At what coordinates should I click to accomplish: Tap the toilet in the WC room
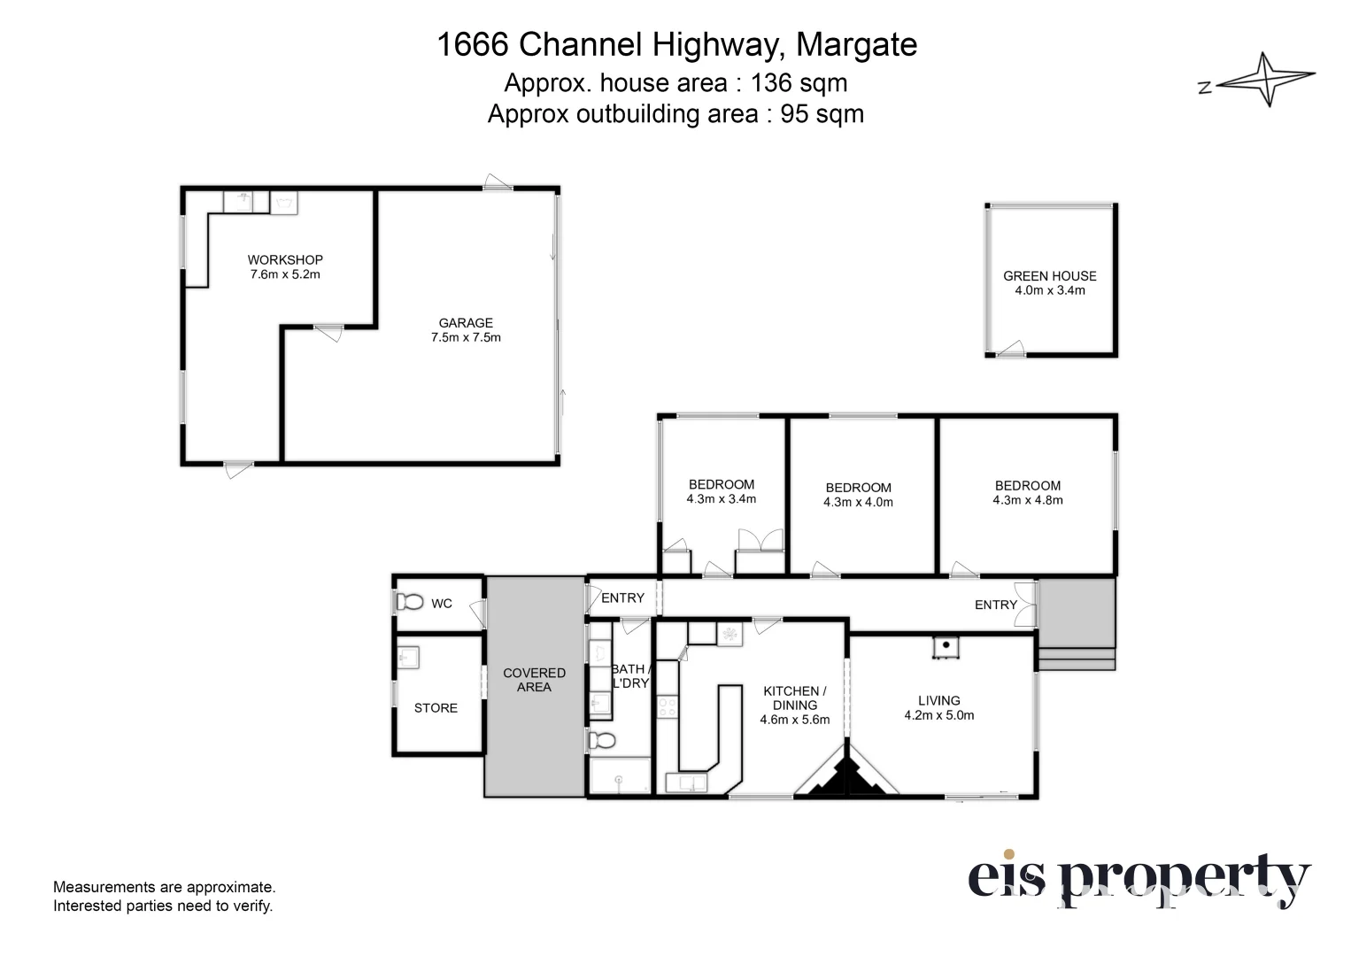409,602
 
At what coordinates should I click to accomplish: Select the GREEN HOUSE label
1049,275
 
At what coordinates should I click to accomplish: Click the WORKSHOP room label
285,259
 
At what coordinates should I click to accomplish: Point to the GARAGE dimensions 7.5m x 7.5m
466,337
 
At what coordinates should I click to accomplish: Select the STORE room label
436,708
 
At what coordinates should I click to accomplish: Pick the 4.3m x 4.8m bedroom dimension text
1027,500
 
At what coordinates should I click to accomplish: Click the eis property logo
1138,879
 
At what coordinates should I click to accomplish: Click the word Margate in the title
856,44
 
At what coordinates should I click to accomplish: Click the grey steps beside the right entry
1076,659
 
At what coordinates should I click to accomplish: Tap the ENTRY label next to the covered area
622,597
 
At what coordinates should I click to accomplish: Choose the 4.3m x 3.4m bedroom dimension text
721,499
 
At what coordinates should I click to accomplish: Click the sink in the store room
408,657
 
